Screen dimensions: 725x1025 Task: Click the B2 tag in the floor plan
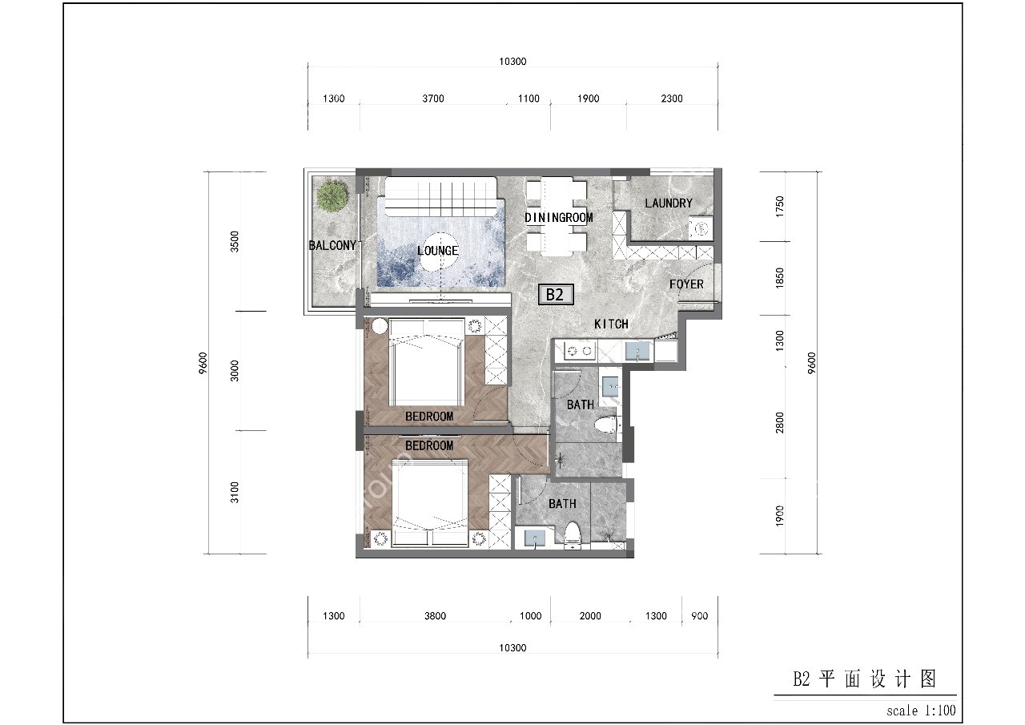coord(555,295)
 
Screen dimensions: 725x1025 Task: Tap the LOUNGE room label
coord(438,251)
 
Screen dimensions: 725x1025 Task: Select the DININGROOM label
coord(559,218)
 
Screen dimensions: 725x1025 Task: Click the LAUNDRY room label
coord(668,203)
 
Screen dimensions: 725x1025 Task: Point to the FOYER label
coord(686,284)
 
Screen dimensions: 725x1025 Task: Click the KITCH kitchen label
coord(611,324)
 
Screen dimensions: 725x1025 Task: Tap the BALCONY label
coord(332,246)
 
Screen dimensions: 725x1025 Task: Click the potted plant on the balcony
coord(332,195)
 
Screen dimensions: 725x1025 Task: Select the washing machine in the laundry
coord(701,228)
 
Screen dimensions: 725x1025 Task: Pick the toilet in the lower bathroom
coord(572,535)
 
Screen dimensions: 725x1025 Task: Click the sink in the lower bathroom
coord(534,538)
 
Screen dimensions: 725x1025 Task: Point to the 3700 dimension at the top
coord(432,99)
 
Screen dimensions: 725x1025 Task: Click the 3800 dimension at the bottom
coord(435,617)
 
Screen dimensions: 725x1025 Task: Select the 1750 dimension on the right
coord(781,207)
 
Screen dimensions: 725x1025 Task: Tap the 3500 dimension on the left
coord(234,241)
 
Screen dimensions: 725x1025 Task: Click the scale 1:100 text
coord(921,711)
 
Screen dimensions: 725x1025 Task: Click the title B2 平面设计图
coord(865,680)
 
